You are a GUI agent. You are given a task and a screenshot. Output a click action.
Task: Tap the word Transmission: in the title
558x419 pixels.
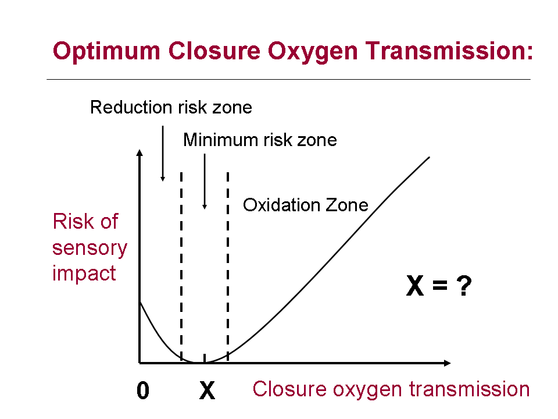click(x=449, y=51)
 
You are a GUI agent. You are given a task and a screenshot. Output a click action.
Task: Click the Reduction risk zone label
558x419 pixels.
click(x=171, y=107)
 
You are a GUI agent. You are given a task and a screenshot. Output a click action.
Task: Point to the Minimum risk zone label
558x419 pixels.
click(x=260, y=140)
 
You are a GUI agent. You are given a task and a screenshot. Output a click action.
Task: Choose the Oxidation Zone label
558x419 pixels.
click(x=305, y=205)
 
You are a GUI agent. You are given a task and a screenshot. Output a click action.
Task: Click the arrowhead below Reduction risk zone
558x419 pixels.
click(x=163, y=179)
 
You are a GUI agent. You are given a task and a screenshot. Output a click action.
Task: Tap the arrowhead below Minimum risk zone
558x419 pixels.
click(x=205, y=207)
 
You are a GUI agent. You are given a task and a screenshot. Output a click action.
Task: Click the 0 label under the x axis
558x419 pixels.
click(x=143, y=390)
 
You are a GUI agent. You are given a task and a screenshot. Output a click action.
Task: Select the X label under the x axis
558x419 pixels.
click(x=207, y=390)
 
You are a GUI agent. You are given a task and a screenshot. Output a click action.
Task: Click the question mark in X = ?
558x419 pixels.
click(x=464, y=286)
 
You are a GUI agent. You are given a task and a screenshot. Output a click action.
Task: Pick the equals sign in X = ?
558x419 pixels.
click(x=440, y=285)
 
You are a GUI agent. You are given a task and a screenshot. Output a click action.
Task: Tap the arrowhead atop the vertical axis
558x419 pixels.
click(x=139, y=152)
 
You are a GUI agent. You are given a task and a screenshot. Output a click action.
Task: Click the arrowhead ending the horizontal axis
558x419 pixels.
click(x=448, y=363)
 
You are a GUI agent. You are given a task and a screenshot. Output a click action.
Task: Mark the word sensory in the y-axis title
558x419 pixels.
click(x=90, y=248)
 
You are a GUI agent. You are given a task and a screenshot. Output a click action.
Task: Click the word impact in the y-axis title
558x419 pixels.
click(x=84, y=274)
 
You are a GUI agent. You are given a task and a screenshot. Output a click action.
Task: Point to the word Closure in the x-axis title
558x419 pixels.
click(x=289, y=389)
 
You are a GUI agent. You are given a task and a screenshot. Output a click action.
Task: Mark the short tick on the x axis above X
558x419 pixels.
click(x=205, y=358)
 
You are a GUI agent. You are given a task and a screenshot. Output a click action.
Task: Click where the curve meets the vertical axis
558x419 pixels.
click(x=140, y=302)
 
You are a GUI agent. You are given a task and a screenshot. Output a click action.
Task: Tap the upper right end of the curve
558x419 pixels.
click(x=429, y=157)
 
